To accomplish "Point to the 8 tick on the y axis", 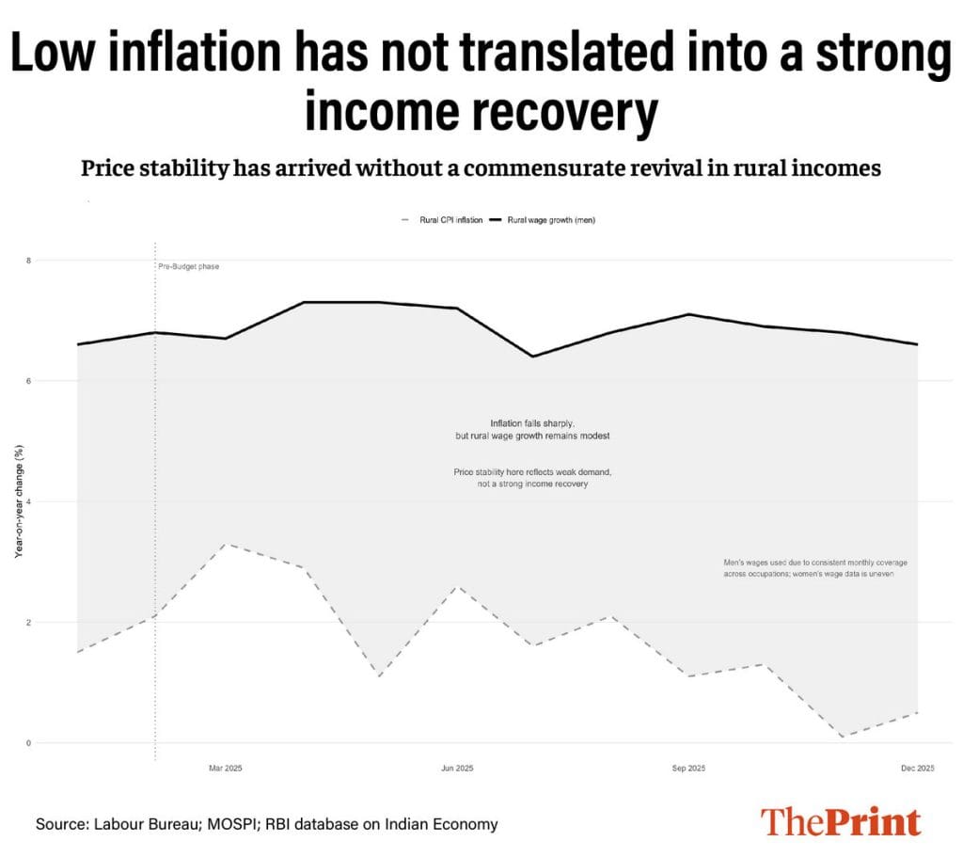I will pyautogui.click(x=28, y=260).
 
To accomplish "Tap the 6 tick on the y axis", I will pyautogui.click(x=28, y=381).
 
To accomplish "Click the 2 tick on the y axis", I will pyautogui.click(x=28, y=623).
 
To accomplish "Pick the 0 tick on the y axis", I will pyautogui.click(x=28, y=743).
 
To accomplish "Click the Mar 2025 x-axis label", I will pyautogui.click(x=226, y=769).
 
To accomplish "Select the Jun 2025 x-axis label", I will pyautogui.click(x=457, y=769).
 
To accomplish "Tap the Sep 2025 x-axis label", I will pyautogui.click(x=689, y=769).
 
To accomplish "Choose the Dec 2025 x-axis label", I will pyautogui.click(x=918, y=769).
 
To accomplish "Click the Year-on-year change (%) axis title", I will pyautogui.click(x=19, y=501).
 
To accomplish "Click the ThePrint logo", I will pyautogui.click(x=840, y=821).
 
